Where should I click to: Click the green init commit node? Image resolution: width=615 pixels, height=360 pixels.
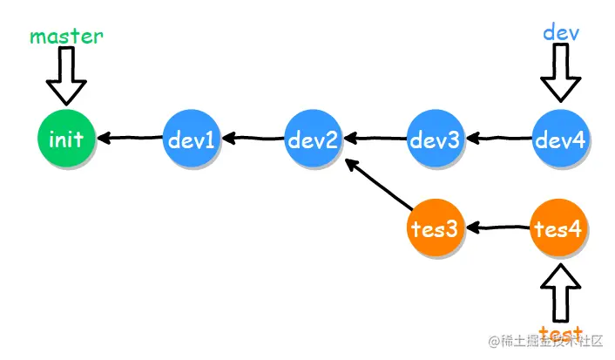click(66, 138)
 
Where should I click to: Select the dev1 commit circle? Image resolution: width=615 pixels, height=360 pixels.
click(192, 138)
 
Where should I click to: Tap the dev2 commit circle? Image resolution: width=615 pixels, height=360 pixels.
click(314, 138)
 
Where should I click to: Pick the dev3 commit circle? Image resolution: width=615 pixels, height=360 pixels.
click(436, 138)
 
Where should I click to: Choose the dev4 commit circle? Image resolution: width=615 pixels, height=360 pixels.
click(560, 138)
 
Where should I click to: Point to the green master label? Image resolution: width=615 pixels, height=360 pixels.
click(66, 37)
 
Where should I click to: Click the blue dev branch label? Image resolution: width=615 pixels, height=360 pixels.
click(561, 32)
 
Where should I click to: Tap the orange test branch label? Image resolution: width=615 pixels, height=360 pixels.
click(560, 333)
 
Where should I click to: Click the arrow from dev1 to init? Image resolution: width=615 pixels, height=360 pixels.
click(129, 138)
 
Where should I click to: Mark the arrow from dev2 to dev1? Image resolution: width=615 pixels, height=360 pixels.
click(253, 138)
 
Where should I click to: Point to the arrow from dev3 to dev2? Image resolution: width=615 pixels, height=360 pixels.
click(375, 138)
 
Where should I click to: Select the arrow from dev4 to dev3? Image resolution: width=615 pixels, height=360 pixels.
click(498, 138)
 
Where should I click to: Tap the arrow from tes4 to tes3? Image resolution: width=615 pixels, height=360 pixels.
click(498, 228)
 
